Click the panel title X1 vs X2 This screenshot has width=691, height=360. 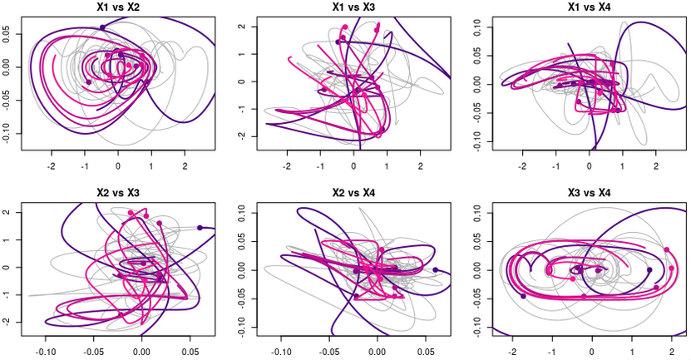pos(116,7)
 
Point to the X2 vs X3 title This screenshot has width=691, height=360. pos(116,193)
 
